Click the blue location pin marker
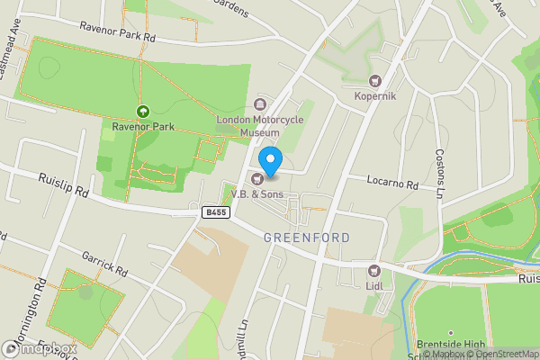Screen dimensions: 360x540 (x=270, y=157)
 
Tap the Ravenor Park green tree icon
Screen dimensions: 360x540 (x=141, y=111)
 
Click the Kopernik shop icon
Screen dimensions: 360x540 (x=376, y=82)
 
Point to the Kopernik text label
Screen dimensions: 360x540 (x=376, y=96)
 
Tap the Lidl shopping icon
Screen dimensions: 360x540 (x=374, y=271)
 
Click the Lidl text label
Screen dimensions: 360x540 (x=374, y=285)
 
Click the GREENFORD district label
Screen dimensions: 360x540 (x=307, y=238)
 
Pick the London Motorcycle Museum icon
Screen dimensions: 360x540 (x=262, y=103)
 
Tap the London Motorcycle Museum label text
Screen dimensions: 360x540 (x=254, y=125)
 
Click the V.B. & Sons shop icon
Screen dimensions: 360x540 (x=256, y=178)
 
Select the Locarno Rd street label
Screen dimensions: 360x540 (x=393, y=183)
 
